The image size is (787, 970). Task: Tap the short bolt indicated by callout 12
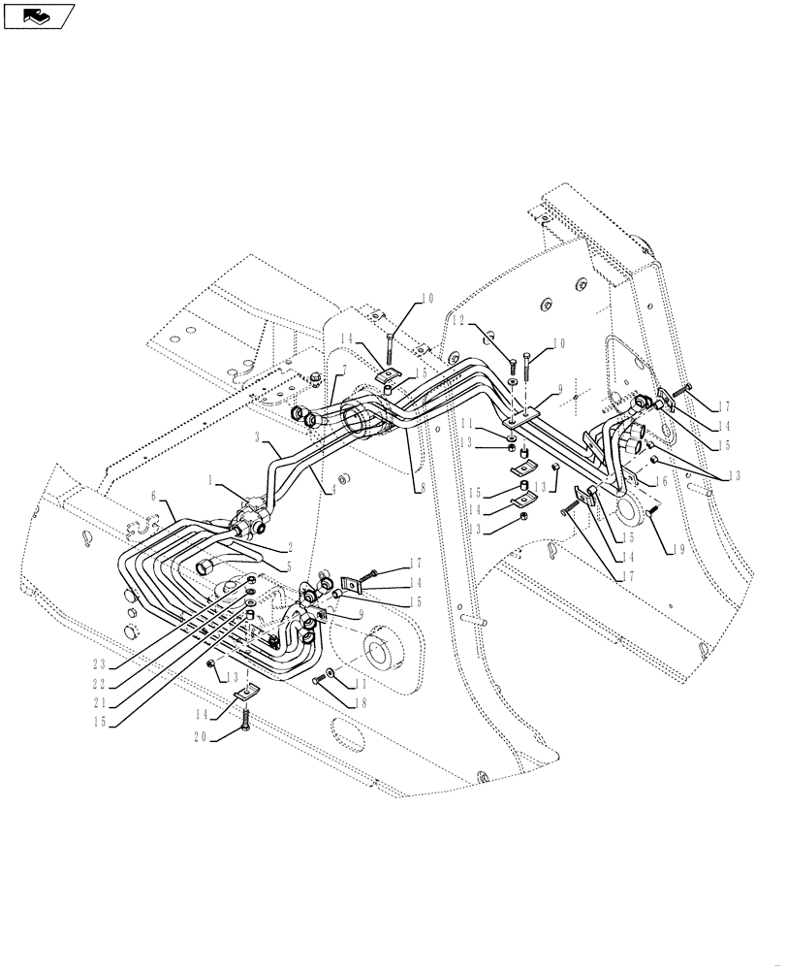(x=512, y=366)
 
